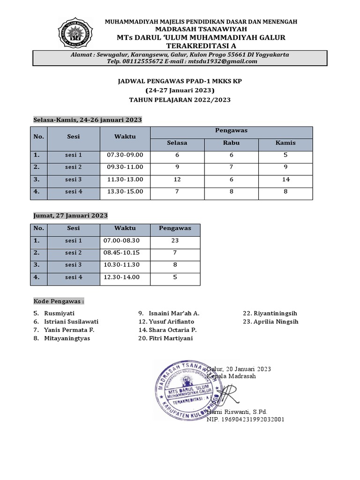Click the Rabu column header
232,143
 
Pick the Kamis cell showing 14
286,180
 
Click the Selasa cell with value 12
177,180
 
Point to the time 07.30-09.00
125,155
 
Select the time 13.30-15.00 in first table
125,191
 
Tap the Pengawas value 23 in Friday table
175,240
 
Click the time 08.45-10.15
121,253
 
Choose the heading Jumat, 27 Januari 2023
70,216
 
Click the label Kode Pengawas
59,301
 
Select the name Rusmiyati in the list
59,313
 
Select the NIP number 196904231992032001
246,420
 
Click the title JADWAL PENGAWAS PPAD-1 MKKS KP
180,81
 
